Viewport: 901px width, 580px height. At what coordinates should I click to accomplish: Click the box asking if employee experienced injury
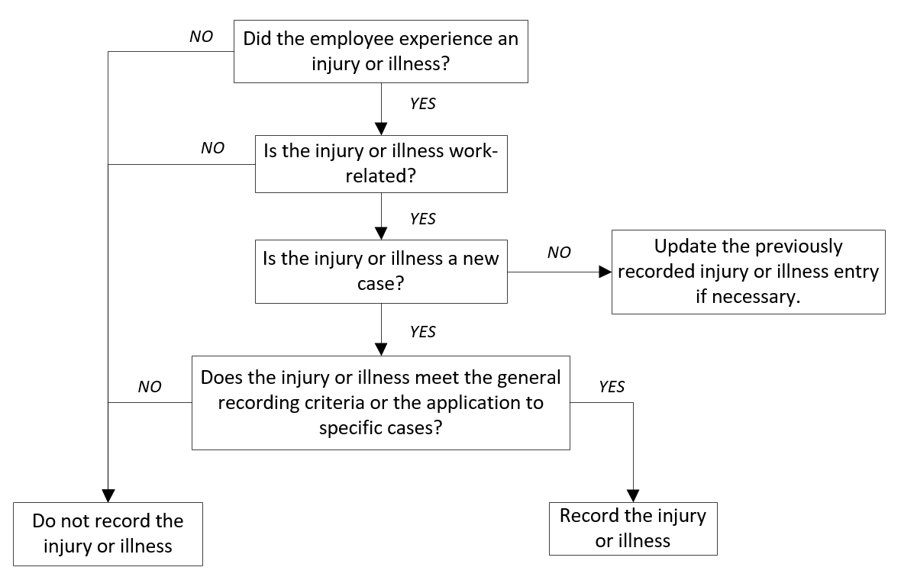pyautogui.click(x=380, y=52)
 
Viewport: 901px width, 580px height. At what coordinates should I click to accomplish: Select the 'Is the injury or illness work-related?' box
pyautogui.click(x=380, y=163)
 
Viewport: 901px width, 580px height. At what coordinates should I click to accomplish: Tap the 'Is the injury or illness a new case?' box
pyautogui.click(x=380, y=270)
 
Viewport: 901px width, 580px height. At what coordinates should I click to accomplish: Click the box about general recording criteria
pyautogui.click(x=380, y=401)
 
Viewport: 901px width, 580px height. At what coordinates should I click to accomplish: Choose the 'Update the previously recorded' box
pyautogui.click(x=748, y=272)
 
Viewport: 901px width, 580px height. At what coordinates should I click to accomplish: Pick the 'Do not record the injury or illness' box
pyautogui.click(x=108, y=533)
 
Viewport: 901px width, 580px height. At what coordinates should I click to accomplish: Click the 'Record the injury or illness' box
pyautogui.click(x=632, y=528)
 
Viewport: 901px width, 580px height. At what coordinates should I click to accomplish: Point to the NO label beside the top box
pyautogui.click(x=201, y=37)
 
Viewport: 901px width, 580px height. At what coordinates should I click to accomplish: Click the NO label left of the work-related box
pyautogui.click(x=212, y=148)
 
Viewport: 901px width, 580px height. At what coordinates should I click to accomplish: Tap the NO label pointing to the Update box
pyautogui.click(x=559, y=253)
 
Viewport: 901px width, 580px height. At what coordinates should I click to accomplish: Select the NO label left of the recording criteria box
pyautogui.click(x=150, y=387)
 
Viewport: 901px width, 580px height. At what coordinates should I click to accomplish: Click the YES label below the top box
pyautogui.click(x=422, y=104)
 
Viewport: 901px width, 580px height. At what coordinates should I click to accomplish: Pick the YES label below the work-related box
pyautogui.click(x=422, y=219)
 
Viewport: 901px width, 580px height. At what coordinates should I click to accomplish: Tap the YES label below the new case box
pyautogui.click(x=422, y=332)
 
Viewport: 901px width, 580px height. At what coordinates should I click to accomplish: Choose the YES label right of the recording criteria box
pyautogui.click(x=612, y=387)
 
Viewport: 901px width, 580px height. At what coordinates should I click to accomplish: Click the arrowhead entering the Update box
pyautogui.click(x=605, y=271)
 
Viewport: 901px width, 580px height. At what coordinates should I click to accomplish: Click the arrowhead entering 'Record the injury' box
pyautogui.click(x=633, y=495)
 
